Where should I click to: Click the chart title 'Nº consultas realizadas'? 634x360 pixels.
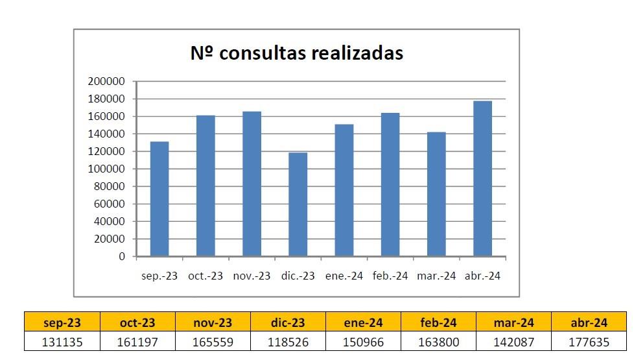[x=297, y=53]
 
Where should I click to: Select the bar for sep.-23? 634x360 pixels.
[x=159, y=198]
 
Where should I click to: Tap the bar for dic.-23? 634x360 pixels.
[x=298, y=204]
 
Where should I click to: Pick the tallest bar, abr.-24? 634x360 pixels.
[x=482, y=178]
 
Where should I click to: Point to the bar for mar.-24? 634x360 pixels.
[x=436, y=194]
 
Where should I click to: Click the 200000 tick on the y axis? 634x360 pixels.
[x=106, y=82]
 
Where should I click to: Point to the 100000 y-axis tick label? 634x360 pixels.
[x=106, y=169]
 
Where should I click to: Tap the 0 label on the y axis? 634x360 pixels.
[x=121, y=257]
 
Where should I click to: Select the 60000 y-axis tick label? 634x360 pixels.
[x=109, y=204]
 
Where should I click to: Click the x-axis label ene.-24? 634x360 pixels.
[x=344, y=276]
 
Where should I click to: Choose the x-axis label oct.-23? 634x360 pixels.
[x=205, y=276]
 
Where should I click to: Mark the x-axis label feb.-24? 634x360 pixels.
[x=390, y=276]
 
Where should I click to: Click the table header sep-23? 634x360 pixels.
[x=62, y=322]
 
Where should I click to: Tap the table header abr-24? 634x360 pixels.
[x=589, y=322]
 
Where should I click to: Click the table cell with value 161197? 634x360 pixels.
[x=137, y=342]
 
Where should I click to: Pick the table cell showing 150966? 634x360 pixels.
[x=363, y=342]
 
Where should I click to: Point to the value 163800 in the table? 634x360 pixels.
[x=438, y=342]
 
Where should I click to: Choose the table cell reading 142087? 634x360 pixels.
[x=513, y=342]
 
